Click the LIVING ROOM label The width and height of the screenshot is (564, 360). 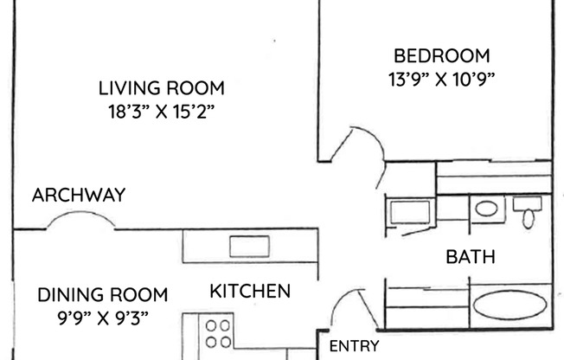pos(161,87)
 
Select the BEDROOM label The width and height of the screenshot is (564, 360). pos(441,56)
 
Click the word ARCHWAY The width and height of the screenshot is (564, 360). pos(78,195)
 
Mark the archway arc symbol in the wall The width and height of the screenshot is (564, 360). pos(80,222)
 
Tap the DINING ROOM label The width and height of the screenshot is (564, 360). pos(102,294)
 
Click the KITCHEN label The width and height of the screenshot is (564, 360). pos(250,291)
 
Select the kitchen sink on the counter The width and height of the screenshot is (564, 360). pos(249,246)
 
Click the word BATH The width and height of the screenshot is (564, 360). pos(470,257)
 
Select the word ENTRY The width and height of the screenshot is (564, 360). pos(354,346)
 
